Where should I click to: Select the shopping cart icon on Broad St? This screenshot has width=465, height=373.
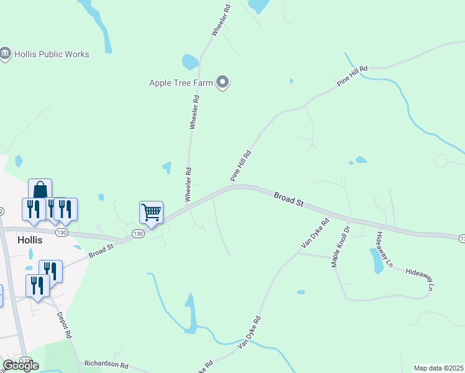point(151,213)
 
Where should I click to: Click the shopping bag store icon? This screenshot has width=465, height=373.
point(40,190)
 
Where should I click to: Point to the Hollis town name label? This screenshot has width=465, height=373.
point(30,240)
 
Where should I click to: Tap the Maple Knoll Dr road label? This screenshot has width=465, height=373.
point(341,246)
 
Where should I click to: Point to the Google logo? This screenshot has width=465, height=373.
point(21,366)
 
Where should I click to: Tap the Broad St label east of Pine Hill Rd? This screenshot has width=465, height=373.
point(288,200)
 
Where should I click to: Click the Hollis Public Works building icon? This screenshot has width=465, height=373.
point(6,54)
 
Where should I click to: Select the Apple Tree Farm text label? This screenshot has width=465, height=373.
point(181,83)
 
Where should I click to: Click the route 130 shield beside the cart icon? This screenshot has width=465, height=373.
point(137,234)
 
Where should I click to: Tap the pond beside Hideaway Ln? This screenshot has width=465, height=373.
point(377,261)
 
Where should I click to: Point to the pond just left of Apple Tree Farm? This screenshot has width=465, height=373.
point(190,62)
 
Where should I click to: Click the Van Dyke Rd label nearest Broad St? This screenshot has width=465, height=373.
point(315,233)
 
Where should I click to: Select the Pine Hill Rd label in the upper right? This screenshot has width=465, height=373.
point(352,75)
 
